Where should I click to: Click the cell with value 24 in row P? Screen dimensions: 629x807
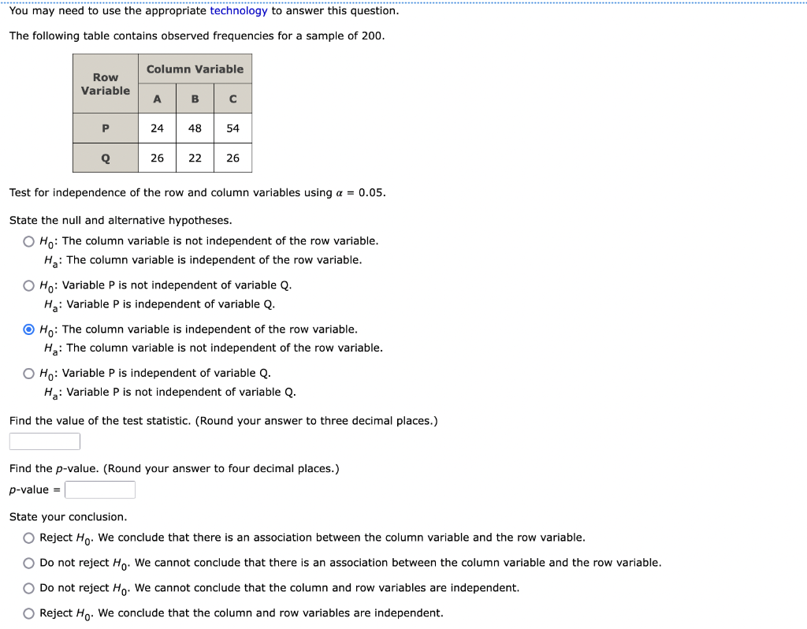(x=158, y=128)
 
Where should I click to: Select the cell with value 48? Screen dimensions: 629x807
(x=195, y=128)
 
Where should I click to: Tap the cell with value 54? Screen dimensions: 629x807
(x=232, y=128)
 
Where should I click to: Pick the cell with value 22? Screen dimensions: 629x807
(x=195, y=158)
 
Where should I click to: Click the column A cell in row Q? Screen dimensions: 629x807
(x=158, y=158)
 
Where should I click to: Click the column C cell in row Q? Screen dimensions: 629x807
(x=232, y=158)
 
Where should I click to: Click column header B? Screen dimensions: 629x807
(x=195, y=99)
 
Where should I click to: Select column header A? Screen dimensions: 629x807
(x=158, y=99)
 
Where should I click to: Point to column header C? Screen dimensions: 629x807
(x=232, y=99)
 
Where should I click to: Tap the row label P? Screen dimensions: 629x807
(x=106, y=128)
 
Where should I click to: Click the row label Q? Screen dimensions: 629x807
(x=106, y=158)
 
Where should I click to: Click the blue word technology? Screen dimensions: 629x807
(x=239, y=11)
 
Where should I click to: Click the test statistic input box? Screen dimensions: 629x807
(x=45, y=441)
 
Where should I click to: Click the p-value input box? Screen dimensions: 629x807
(x=100, y=490)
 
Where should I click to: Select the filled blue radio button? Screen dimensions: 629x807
(x=29, y=329)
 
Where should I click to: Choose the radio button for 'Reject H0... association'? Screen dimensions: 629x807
(x=29, y=538)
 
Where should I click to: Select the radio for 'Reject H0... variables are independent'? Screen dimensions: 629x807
(x=29, y=613)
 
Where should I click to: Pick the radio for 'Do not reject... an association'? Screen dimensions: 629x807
(x=29, y=563)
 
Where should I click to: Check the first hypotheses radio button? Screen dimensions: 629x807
(x=29, y=241)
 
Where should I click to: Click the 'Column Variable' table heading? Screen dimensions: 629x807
(x=195, y=69)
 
